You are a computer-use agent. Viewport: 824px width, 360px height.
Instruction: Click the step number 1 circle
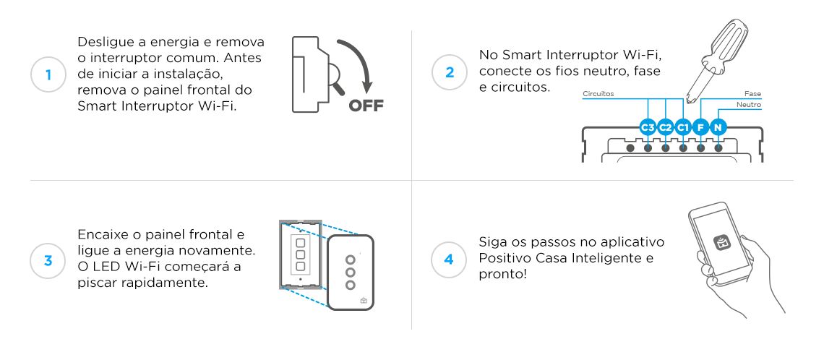[48, 74]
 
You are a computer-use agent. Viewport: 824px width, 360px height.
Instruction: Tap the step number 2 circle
[450, 73]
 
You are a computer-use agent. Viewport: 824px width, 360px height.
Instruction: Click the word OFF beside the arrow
[366, 107]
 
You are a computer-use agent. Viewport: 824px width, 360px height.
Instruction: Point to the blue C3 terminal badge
[648, 128]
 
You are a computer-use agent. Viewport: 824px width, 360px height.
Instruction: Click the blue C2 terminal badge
[666, 128]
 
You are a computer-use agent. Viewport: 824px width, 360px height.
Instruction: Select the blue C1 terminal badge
[683, 128]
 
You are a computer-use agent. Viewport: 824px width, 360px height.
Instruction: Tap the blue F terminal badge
[700, 128]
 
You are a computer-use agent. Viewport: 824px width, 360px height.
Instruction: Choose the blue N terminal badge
[718, 128]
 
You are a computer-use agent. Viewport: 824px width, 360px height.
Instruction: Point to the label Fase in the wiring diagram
[752, 94]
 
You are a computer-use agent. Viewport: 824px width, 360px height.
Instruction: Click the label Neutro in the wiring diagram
[748, 105]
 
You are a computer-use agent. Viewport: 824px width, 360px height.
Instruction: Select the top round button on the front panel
[351, 259]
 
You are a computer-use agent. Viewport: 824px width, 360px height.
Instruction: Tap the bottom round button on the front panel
[351, 285]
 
